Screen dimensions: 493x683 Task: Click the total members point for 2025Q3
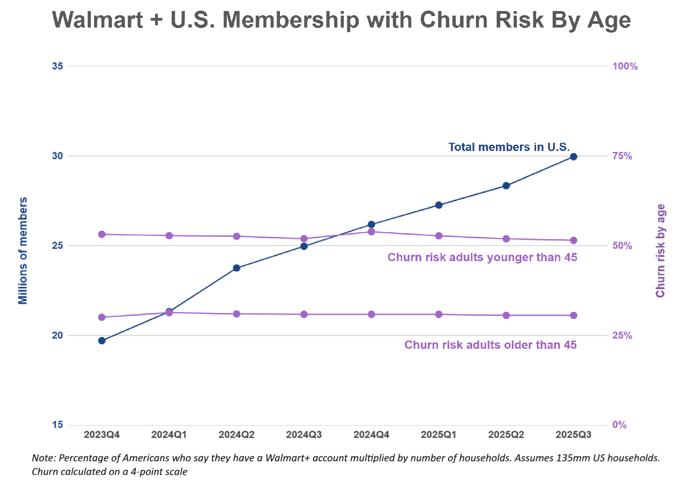[x=573, y=157]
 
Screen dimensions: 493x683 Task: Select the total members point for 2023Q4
[x=102, y=341]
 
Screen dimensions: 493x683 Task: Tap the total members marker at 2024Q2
[x=236, y=268]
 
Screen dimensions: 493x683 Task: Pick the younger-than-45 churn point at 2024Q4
[x=371, y=232]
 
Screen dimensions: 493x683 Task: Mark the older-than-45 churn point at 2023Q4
[x=102, y=317]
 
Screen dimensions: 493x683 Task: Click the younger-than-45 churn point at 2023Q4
[x=102, y=234]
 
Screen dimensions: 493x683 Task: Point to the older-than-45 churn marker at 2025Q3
[x=573, y=315]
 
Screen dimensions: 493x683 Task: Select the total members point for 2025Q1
[x=439, y=205]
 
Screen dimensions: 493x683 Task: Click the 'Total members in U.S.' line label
[x=509, y=147]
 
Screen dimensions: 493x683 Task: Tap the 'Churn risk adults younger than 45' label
[x=482, y=257]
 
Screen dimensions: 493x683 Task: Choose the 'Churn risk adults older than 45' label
[x=490, y=345]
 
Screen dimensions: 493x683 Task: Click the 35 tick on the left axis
[x=57, y=66]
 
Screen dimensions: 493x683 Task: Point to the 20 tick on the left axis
[x=57, y=335]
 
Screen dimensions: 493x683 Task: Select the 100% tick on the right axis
[x=625, y=66]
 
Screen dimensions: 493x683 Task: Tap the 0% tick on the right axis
[x=619, y=425]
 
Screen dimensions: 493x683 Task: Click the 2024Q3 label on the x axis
[x=304, y=435]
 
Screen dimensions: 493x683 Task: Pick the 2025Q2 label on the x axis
[x=506, y=435]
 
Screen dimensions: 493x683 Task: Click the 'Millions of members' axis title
[x=22, y=251]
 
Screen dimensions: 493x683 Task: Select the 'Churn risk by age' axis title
[x=660, y=251]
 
